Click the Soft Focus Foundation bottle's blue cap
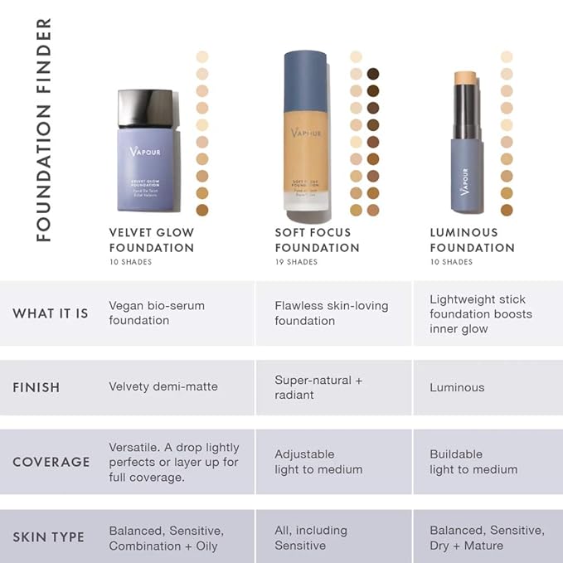coord(305,80)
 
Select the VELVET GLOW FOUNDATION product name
coord(152,240)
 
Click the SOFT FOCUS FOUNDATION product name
coord(318,240)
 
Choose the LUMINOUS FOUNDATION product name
coord(472,240)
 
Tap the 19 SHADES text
coord(296,262)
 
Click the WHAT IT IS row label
coord(51,313)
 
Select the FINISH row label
coord(36,387)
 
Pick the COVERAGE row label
coord(51,462)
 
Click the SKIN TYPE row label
coord(48,537)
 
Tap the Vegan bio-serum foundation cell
coord(157,313)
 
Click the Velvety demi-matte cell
coord(163,387)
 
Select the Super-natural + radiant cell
coord(318,387)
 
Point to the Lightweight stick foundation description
coord(481,313)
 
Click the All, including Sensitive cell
coord(311,537)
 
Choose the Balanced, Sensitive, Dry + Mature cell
coord(487,537)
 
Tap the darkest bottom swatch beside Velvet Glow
coord(201,210)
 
